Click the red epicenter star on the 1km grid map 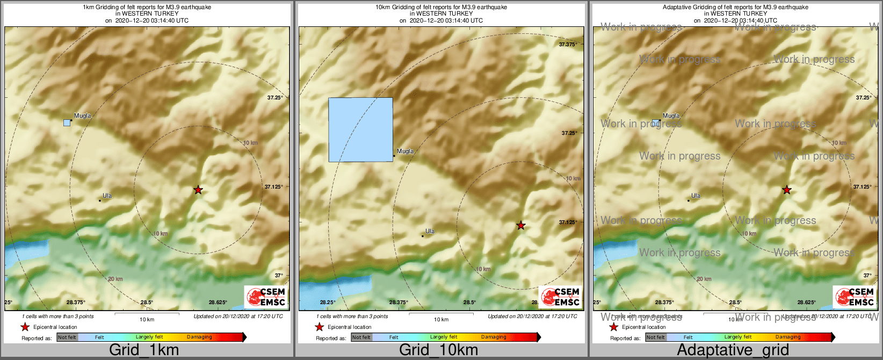[x=198, y=190]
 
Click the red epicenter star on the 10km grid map [x=520, y=225]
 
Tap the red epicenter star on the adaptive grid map [x=787, y=190]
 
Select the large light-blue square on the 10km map [x=360, y=129]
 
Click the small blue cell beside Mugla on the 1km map [x=67, y=123]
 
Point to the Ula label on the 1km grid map [x=107, y=196]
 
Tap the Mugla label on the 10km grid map [x=406, y=151]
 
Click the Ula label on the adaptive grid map [x=696, y=196]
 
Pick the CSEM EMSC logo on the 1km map [x=266, y=297]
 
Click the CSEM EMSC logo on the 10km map [x=560, y=297]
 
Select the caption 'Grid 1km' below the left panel [x=144, y=350]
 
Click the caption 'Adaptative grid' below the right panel [x=733, y=350]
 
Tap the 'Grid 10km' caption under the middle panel [x=438, y=350]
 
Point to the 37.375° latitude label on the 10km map [x=568, y=45]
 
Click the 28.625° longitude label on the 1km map [x=218, y=303]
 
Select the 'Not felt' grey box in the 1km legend [x=67, y=337]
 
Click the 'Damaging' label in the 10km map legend [x=494, y=337]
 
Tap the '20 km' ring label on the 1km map [x=115, y=279]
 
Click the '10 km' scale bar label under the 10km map [x=441, y=320]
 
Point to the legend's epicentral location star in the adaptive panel [x=614, y=327]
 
